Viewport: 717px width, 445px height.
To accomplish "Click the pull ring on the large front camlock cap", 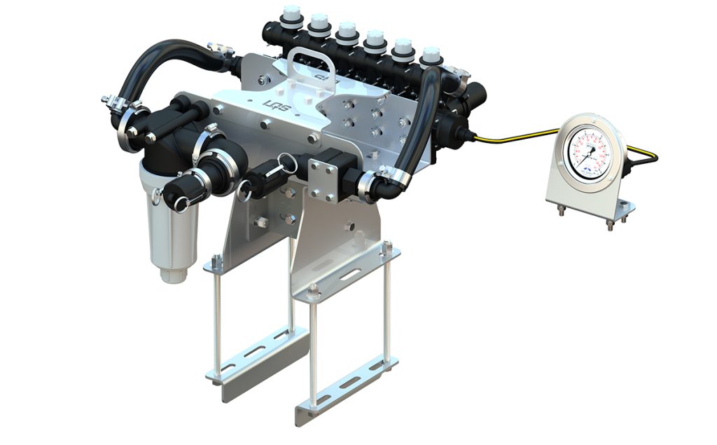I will [183, 204].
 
